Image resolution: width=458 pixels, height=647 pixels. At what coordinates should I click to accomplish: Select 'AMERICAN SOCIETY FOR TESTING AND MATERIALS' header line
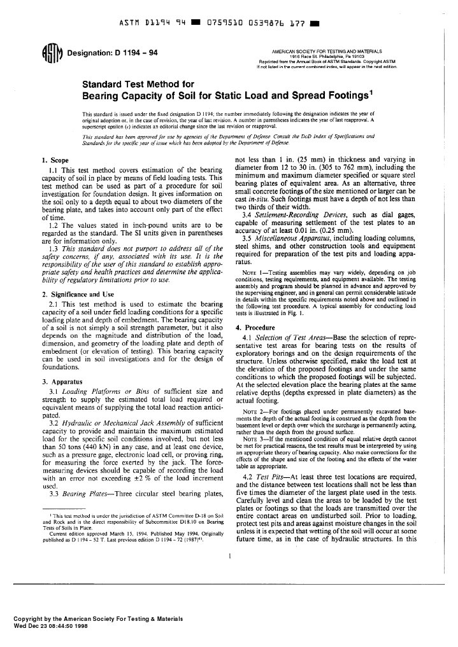tap(326, 50)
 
